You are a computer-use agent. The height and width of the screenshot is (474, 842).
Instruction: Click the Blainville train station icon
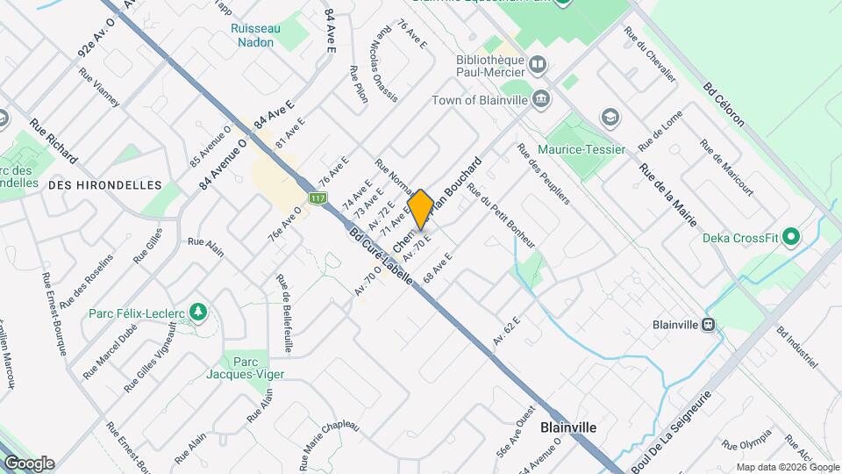708,324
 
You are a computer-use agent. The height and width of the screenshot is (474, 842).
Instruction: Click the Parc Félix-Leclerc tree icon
199,312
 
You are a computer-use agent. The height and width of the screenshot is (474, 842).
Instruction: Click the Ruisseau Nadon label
255,35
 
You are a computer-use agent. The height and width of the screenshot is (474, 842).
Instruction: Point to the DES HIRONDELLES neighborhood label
105,185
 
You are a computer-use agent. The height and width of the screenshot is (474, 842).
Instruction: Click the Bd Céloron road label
724,104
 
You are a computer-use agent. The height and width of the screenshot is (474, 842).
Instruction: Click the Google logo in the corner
28,463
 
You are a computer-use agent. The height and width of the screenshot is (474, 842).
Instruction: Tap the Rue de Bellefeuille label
283,313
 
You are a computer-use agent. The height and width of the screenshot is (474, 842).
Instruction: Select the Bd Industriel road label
796,347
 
